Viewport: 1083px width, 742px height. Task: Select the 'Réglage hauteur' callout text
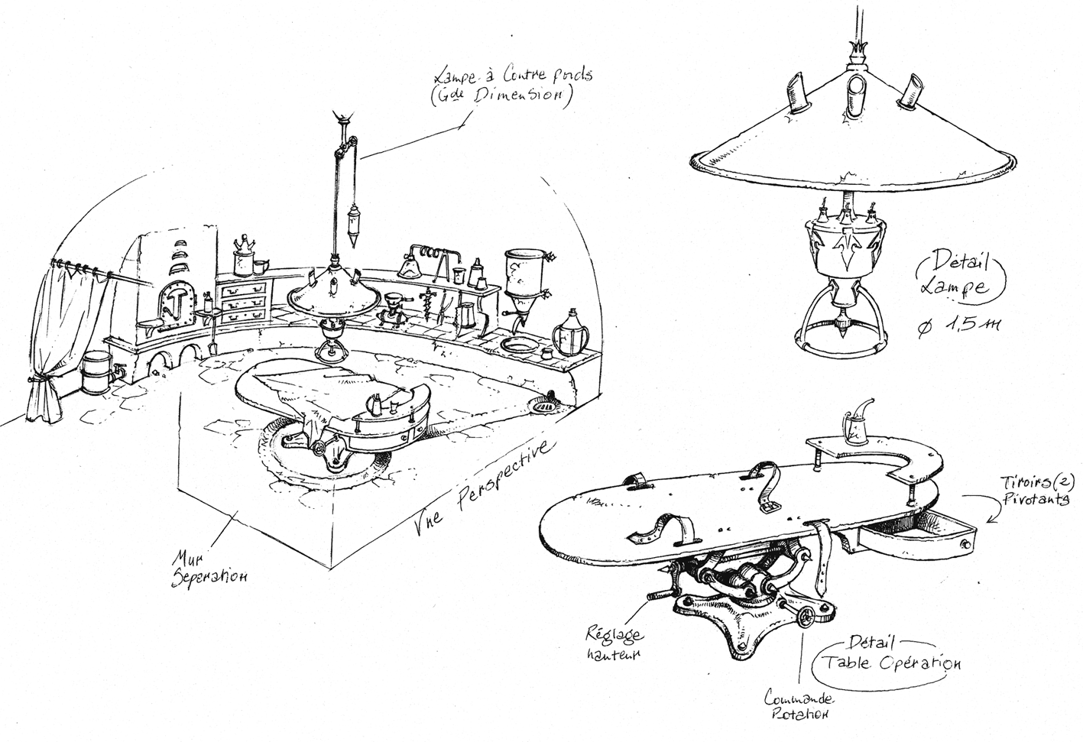(615, 643)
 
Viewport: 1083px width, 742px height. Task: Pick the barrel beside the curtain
(96, 371)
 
